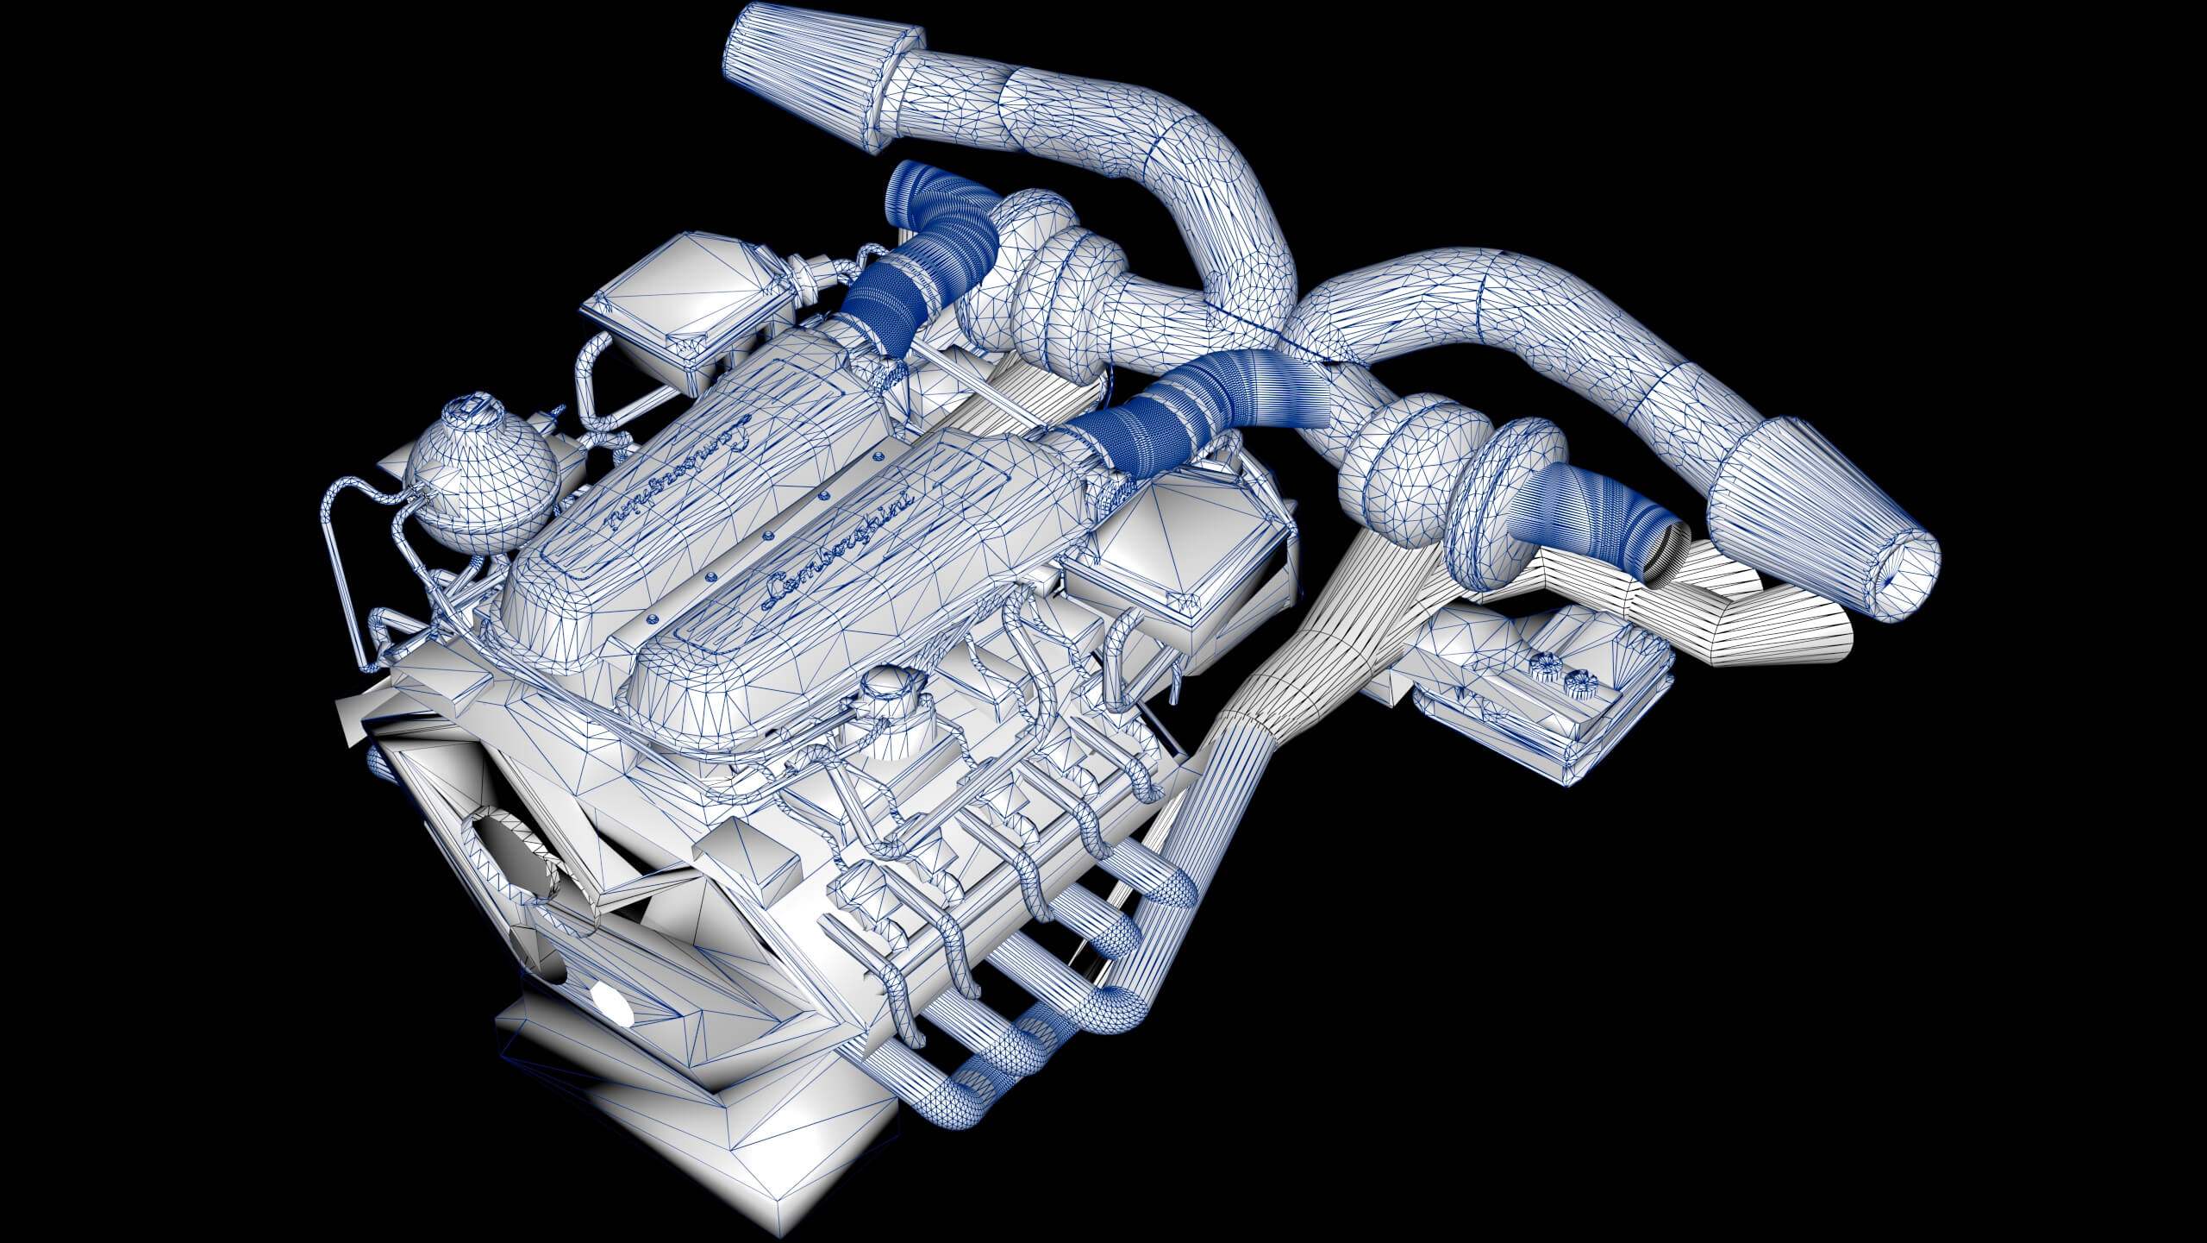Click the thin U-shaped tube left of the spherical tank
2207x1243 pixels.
coord(345,561)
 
